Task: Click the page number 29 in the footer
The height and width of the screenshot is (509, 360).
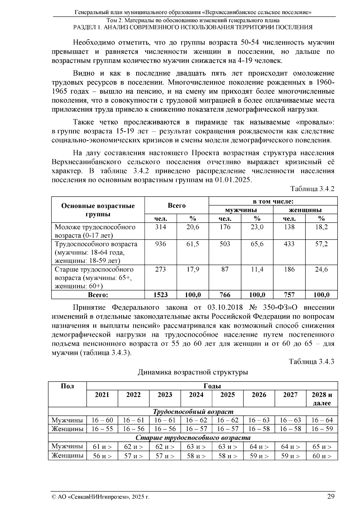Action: [331, 496]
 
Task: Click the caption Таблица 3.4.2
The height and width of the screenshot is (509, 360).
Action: [312, 189]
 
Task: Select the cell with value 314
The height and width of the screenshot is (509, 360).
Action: [160, 227]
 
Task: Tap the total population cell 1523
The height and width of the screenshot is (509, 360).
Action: [160, 295]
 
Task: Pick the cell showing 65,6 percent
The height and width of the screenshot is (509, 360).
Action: [257, 244]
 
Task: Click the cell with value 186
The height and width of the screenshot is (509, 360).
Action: [289, 269]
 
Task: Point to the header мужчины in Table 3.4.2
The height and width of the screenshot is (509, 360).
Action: [241, 210]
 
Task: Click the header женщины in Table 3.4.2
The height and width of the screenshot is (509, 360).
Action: [305, 210]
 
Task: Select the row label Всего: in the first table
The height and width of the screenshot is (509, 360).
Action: [98, 295]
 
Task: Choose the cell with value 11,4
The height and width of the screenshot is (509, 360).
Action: [257, 269]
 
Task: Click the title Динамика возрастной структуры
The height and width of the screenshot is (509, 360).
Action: [193, 372]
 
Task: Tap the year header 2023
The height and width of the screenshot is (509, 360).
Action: [165, 395]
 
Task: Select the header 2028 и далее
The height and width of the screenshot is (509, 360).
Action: [322, 399]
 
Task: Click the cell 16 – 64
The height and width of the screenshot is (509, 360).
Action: [322, 420]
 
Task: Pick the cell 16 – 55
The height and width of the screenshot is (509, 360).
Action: [102, 429]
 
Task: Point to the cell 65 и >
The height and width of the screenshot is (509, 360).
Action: [322, 447]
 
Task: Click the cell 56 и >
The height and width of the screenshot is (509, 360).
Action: [102, 456]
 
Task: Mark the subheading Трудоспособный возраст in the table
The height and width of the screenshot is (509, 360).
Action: [193, 412]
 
